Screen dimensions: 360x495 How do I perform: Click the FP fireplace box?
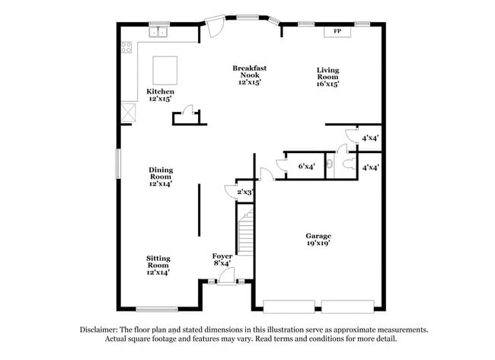(337, 31)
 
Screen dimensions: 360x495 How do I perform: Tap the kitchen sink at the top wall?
(159, 32)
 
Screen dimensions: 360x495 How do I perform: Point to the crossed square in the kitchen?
(129, 112)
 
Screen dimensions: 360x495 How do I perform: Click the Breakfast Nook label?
(249, 75)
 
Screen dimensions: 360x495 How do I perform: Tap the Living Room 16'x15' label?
(327, 77)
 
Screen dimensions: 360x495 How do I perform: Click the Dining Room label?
(161, 177)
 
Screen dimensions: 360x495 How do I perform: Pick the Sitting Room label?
(158, 264)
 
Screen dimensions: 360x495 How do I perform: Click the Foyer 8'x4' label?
(222, 260)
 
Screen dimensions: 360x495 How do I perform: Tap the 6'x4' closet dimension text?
(306, 165)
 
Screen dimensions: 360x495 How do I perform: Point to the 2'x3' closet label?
(244, 193)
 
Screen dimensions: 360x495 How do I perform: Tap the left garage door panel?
(289, 307)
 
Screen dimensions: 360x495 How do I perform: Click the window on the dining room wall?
(118, 163)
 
